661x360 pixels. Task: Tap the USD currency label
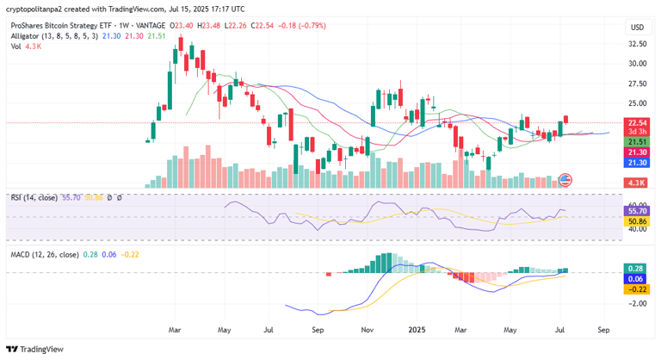637,28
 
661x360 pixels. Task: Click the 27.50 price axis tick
637,84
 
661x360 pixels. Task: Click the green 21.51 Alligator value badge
637,141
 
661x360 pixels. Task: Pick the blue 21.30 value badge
637,162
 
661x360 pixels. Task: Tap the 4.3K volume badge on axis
637,183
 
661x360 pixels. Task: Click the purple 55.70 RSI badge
637,210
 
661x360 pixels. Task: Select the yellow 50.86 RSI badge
637,220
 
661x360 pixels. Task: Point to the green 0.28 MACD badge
637,269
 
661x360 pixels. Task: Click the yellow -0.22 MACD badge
637,289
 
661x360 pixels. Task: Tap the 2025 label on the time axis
417,329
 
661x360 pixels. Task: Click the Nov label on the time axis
368,329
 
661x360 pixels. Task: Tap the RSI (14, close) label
34,197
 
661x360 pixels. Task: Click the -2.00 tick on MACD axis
637,303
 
